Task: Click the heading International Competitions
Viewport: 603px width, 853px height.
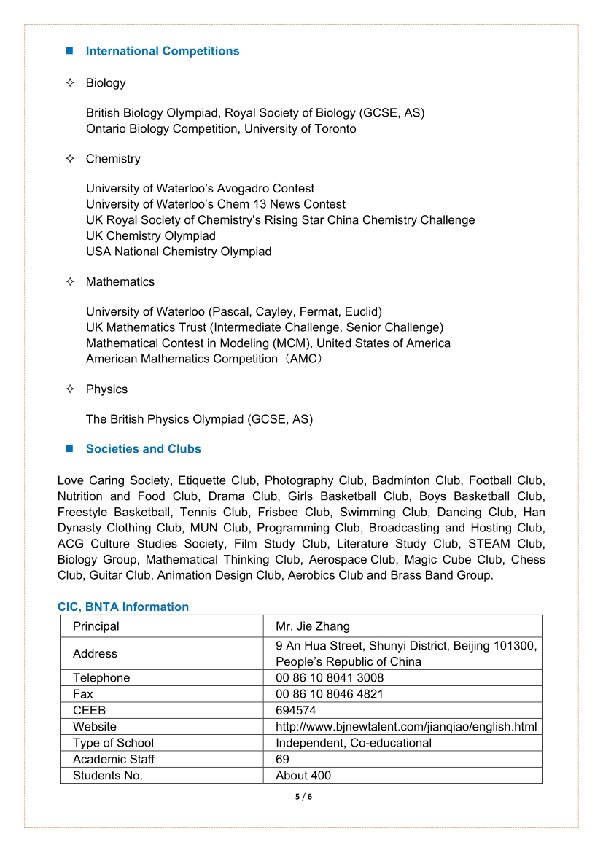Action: click(x=162, y=51)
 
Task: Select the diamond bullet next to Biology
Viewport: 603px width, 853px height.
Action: click(x=70, y=83)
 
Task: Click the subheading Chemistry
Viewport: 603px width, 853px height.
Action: click(x=113, y=159)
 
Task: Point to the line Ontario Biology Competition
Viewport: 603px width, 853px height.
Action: click(x=221, y=129)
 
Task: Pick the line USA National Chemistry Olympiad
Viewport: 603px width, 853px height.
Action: click(x=179, y=252)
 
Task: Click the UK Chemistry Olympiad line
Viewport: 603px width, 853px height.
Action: click(x=151, y=236)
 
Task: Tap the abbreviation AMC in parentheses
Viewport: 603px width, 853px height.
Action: click(x=300, y=359)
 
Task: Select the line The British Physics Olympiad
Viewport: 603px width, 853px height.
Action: click(x=199, y=419)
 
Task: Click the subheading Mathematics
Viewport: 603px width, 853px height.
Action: click(x=120, y=282)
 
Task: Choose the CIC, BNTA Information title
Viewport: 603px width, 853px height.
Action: click(x=123, y=607)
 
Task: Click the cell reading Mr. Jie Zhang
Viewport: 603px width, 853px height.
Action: click(x=313, y=626)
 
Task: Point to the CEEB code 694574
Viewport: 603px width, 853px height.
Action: click(x=295, y=710)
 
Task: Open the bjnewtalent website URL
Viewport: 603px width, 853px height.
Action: click(x=406, y=727)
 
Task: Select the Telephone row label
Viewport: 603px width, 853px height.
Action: click(x=101, y=678)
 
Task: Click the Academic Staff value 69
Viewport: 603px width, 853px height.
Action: click(x=282, y=759)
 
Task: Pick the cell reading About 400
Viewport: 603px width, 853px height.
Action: click(x=303, y=776)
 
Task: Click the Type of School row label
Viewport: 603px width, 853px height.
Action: click(x=113, y=743)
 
